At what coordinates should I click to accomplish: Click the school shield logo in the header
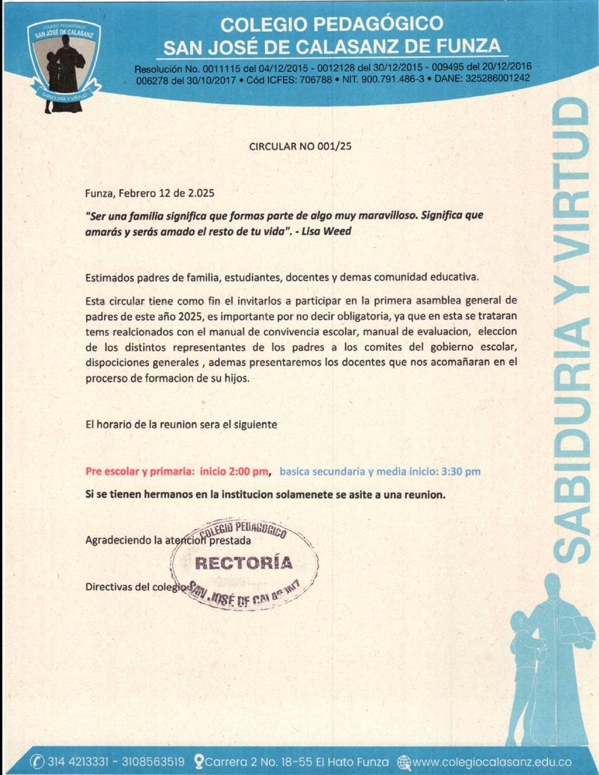(x=64, y=64)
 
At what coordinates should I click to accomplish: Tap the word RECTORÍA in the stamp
(x=244, y=563)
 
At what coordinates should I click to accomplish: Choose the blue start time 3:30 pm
(x=461, y=472)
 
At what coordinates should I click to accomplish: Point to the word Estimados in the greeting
(x=112, y=278)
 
